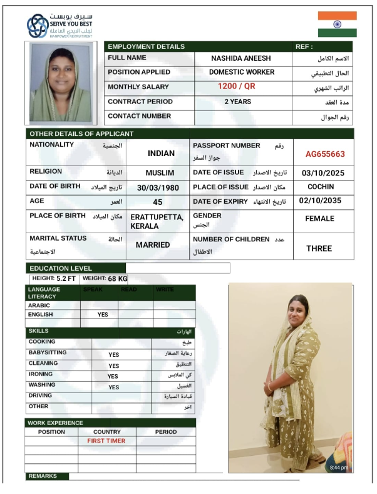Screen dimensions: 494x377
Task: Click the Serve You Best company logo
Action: [x=36, y=25]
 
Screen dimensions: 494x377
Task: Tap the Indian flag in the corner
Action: [x=337, y=24]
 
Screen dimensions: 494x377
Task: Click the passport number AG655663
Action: [x=325, y=154]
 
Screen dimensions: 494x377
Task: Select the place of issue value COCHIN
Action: [x=321, y=187]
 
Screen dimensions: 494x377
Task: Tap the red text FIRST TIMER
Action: [x=106, y=441]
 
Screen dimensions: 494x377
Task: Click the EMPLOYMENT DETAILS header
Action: [x=147, y=46]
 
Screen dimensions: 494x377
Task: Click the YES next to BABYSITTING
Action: [x=113, y=355]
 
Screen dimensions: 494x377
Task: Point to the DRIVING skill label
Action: [x=40, y=396]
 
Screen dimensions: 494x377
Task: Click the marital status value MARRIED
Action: [x=153, y=244]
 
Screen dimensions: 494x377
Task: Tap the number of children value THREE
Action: [x=319, y=249]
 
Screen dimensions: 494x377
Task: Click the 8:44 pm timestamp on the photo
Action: [x=339, y=468]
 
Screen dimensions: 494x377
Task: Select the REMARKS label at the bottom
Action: [x=43, y=476]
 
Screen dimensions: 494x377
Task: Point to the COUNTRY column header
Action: [x=106, y=432]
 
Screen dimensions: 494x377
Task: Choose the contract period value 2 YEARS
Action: [x=238, y=101]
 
